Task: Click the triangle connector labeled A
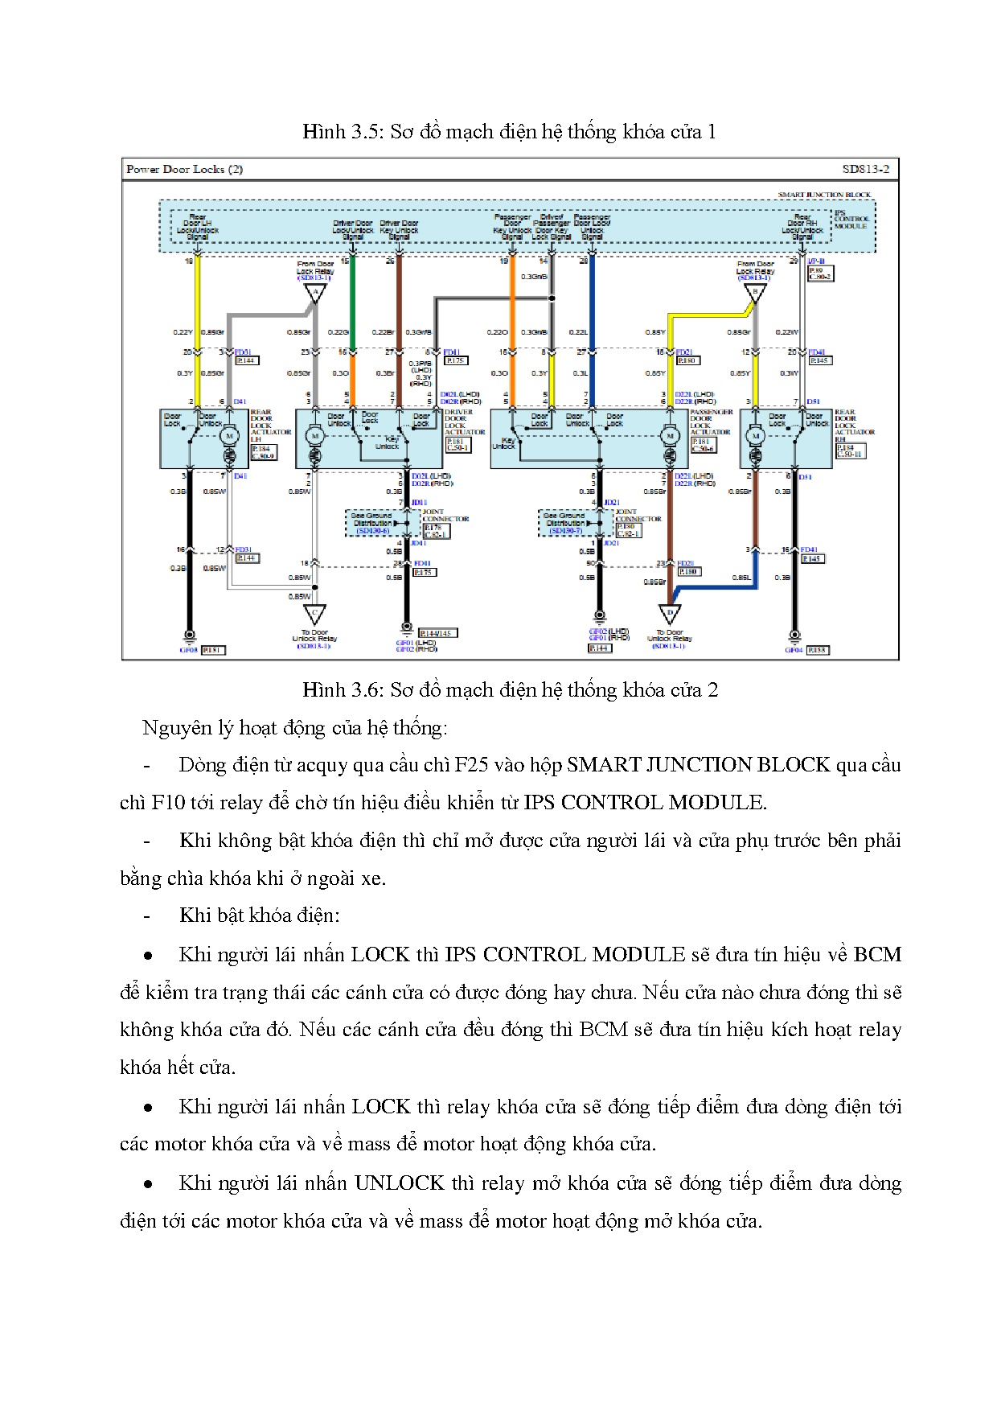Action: point(315,294)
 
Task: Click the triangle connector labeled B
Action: point(754,294)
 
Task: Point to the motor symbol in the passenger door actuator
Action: point(670,436)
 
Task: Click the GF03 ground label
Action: point(188,650)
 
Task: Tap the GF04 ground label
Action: point(794,650)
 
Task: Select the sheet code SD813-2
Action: point(865,169)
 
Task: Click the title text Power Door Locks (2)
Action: point(184,169)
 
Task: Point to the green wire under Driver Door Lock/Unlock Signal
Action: point(352,298)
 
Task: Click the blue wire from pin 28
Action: point(592,298)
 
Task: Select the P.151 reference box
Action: point(212,650)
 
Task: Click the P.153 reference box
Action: point(818,650)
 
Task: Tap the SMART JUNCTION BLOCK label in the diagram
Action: point(824,195)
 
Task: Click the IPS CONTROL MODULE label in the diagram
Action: point(850,220)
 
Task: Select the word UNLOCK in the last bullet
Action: point(399,1183)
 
